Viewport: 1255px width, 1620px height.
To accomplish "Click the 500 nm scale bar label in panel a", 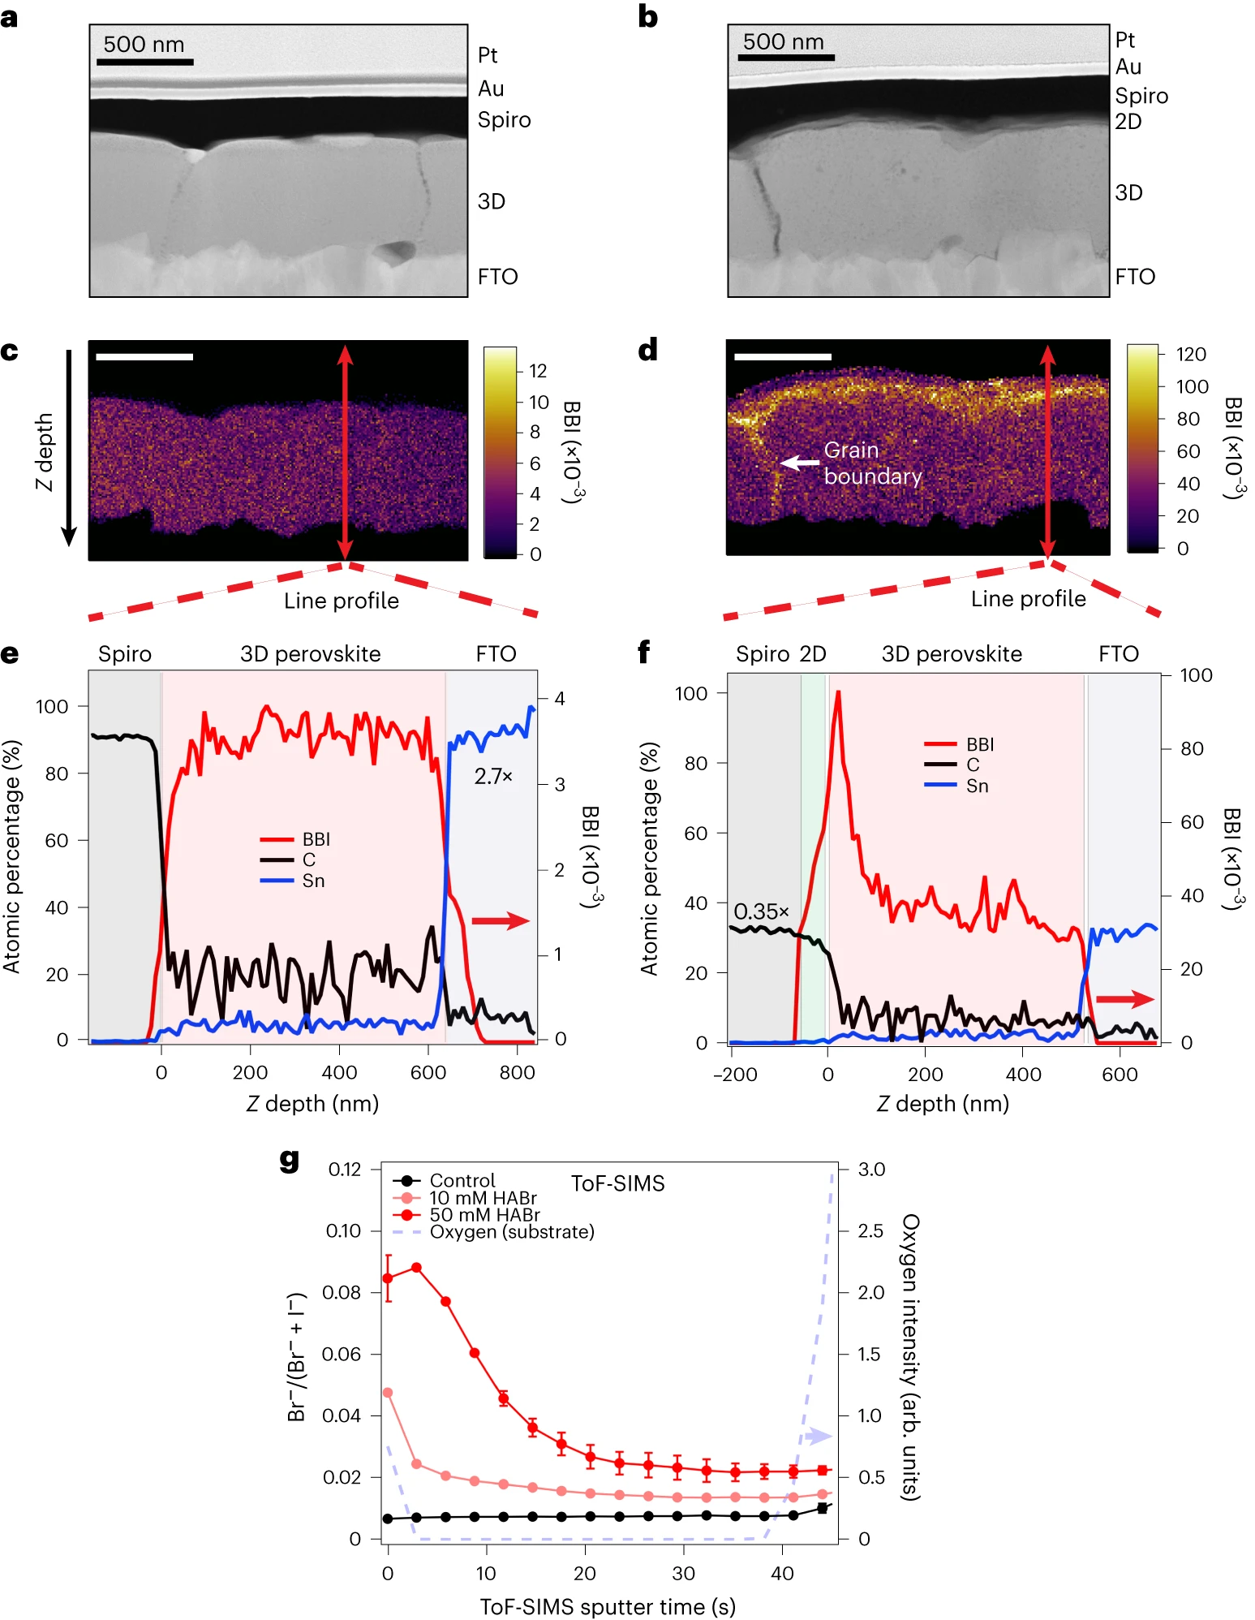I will [x=144, y=45].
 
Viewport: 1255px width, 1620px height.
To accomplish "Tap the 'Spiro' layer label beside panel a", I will [x=504, y=120].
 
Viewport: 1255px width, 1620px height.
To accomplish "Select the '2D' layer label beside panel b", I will [x=1128, y=122].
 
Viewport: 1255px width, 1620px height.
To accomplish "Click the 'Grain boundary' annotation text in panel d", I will [x=872, y=463].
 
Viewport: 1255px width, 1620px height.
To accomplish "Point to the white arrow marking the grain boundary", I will [x=799, y=463].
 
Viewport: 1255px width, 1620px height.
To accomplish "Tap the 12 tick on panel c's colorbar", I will [x=538, y=371].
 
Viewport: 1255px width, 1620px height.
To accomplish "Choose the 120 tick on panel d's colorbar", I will [x=1191, y=354].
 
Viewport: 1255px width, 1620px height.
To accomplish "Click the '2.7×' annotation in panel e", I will [x=493, y=777].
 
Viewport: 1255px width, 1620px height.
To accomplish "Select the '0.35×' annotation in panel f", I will [x=761, y=911].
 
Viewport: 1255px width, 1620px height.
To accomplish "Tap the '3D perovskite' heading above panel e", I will [x=310, y=654].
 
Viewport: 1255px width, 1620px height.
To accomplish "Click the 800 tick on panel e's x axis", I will [x=517, y=1072].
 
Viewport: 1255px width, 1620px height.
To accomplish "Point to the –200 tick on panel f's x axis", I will [x=735, y=1075].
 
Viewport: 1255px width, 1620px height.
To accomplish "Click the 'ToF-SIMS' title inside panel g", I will [x=617, y=1183].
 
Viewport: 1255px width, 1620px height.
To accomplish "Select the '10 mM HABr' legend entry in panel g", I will [x=483, y=1198].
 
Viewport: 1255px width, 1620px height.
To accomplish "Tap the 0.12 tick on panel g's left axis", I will [x=345, y=1170].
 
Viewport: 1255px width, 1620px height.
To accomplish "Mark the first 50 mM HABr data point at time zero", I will [x=388, y=1278].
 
